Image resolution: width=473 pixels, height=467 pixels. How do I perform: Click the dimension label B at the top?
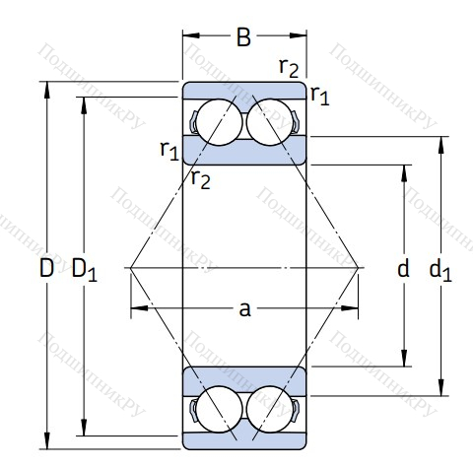point(243,36)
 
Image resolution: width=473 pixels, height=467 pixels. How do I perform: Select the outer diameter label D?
point(46,268)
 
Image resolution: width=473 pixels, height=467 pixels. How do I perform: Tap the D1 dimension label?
point(85,270)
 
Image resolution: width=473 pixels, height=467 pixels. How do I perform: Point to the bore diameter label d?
point(403,268)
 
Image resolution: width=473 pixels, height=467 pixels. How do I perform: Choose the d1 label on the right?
point(440,270)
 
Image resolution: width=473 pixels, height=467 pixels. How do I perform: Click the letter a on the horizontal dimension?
point(244,309)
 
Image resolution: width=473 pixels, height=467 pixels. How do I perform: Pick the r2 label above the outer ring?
point(289,68)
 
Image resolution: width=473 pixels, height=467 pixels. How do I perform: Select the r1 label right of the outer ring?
point(319,96)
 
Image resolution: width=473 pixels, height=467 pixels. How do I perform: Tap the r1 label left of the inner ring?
point(169,151)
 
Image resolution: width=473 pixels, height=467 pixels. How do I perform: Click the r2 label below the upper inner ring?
point(201,179)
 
